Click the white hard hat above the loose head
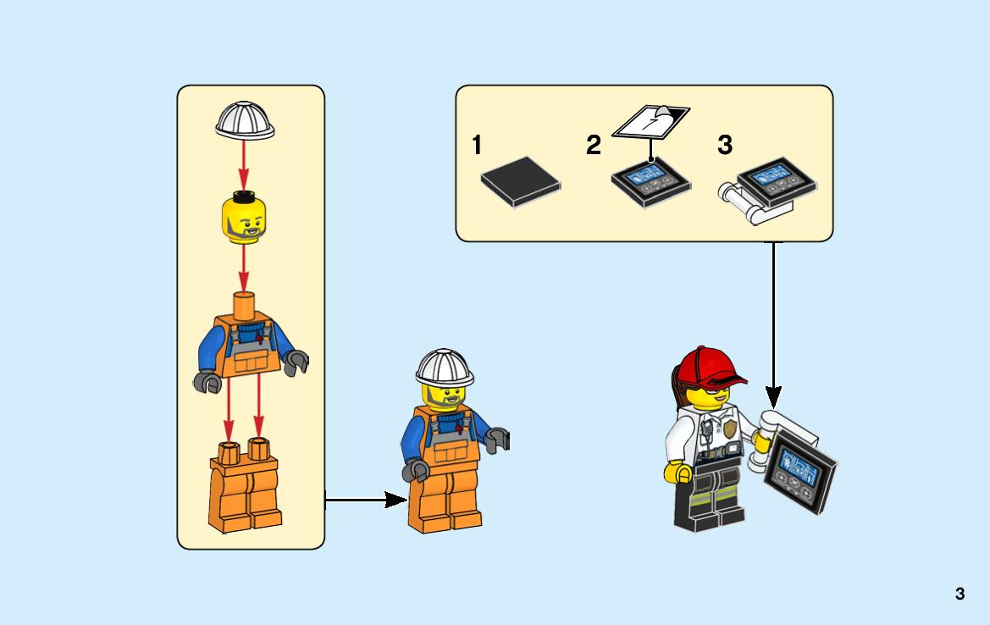tap(245, 120)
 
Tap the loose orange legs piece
tap(245, 485)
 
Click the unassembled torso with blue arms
tap(250, 343)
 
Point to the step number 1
tap(477, 145)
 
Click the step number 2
tap(594, 145)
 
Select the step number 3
tap(725, 145)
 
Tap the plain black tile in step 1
tap(520, 181)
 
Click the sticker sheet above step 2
tap(651, 121)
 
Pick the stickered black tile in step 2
tap(651, 181)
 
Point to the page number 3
tap(960, 594)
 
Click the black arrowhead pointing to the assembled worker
tap(395, 500)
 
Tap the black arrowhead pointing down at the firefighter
tap(773, 398)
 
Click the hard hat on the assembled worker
tap(445, 368)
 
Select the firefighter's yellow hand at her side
tap(678, 473)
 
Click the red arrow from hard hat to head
tap(244, 165)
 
